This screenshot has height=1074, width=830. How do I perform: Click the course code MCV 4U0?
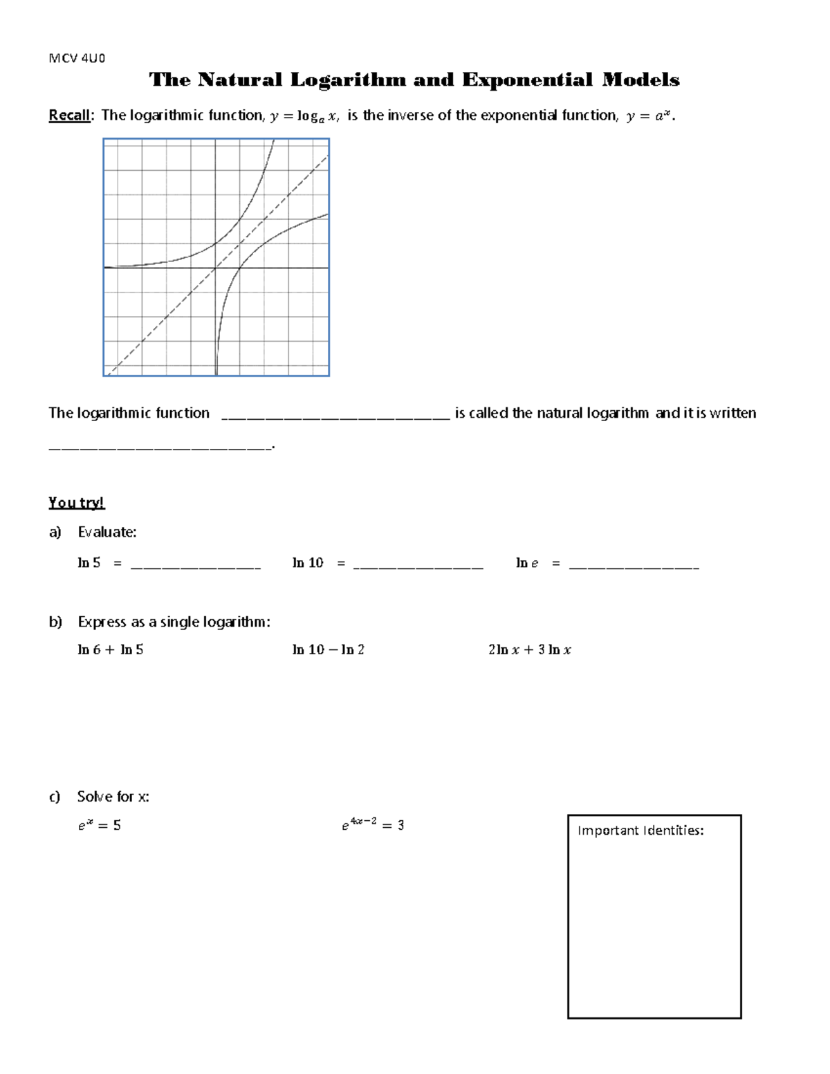pos(76,58)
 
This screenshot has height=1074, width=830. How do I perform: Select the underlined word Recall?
pos(69,115)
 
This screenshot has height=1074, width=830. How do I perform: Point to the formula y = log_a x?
pos(304,116)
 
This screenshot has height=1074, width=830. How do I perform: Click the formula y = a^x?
pos(649,116)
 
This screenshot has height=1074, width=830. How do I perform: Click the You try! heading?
pos(76,503)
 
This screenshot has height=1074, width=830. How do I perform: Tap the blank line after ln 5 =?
pos(195,566)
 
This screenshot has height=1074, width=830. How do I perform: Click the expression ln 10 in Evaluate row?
pos(308,563)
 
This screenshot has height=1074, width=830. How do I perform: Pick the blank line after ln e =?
pos(634,566)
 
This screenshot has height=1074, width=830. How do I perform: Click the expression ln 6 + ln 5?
pos(111,650)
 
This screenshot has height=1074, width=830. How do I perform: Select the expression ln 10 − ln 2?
pos(329,650)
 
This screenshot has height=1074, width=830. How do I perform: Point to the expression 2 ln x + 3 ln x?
pos(529,650)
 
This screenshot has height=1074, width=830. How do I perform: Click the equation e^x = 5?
pos(100,825)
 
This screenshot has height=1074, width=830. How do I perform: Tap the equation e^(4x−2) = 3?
pos(373,824)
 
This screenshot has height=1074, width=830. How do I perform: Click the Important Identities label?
pos(640,831)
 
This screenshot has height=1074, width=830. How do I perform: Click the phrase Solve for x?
pos(113,797)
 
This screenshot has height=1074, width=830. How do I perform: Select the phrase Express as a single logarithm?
pos(174,622)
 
